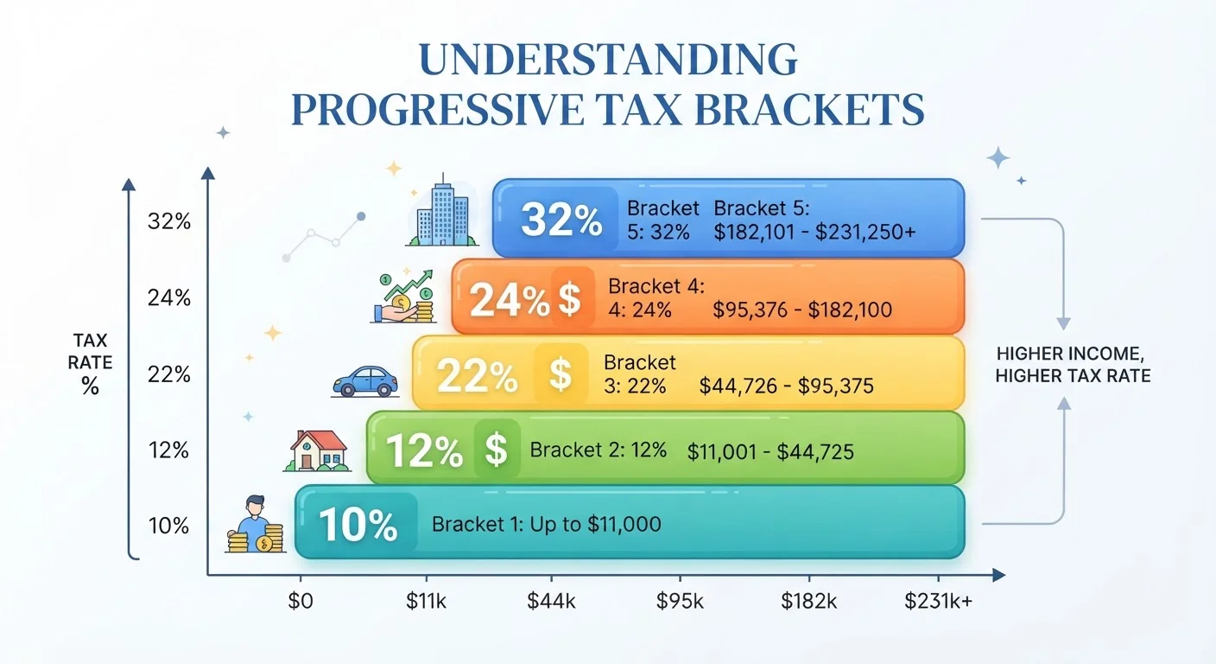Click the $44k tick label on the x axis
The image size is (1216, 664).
(x=551, y=601)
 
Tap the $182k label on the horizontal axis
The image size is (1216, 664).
(x=809, y=601)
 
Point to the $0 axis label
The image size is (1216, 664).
(x=301, y=601)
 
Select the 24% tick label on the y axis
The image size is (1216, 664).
(x=168, y=297)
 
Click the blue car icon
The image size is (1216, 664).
(x=364, y=381)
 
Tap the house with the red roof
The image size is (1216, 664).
(x=318, y=451)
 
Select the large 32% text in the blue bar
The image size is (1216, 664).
(x=561, y=220)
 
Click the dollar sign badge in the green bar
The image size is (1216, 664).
(x=497, y=450)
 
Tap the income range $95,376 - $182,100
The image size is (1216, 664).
(x=802, y=310)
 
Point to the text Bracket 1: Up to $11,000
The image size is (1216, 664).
(x=546, y=524)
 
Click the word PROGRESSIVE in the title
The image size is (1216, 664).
(x=438, y=110)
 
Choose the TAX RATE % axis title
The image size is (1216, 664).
(x=90, y=363)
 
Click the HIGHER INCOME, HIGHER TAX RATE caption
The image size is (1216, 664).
(x=1073, y=365)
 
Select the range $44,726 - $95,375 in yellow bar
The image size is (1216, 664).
(x=786, y=386)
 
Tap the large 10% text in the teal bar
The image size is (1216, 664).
(x=358, y=525)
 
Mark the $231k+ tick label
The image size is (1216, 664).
(x=938, y=601)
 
